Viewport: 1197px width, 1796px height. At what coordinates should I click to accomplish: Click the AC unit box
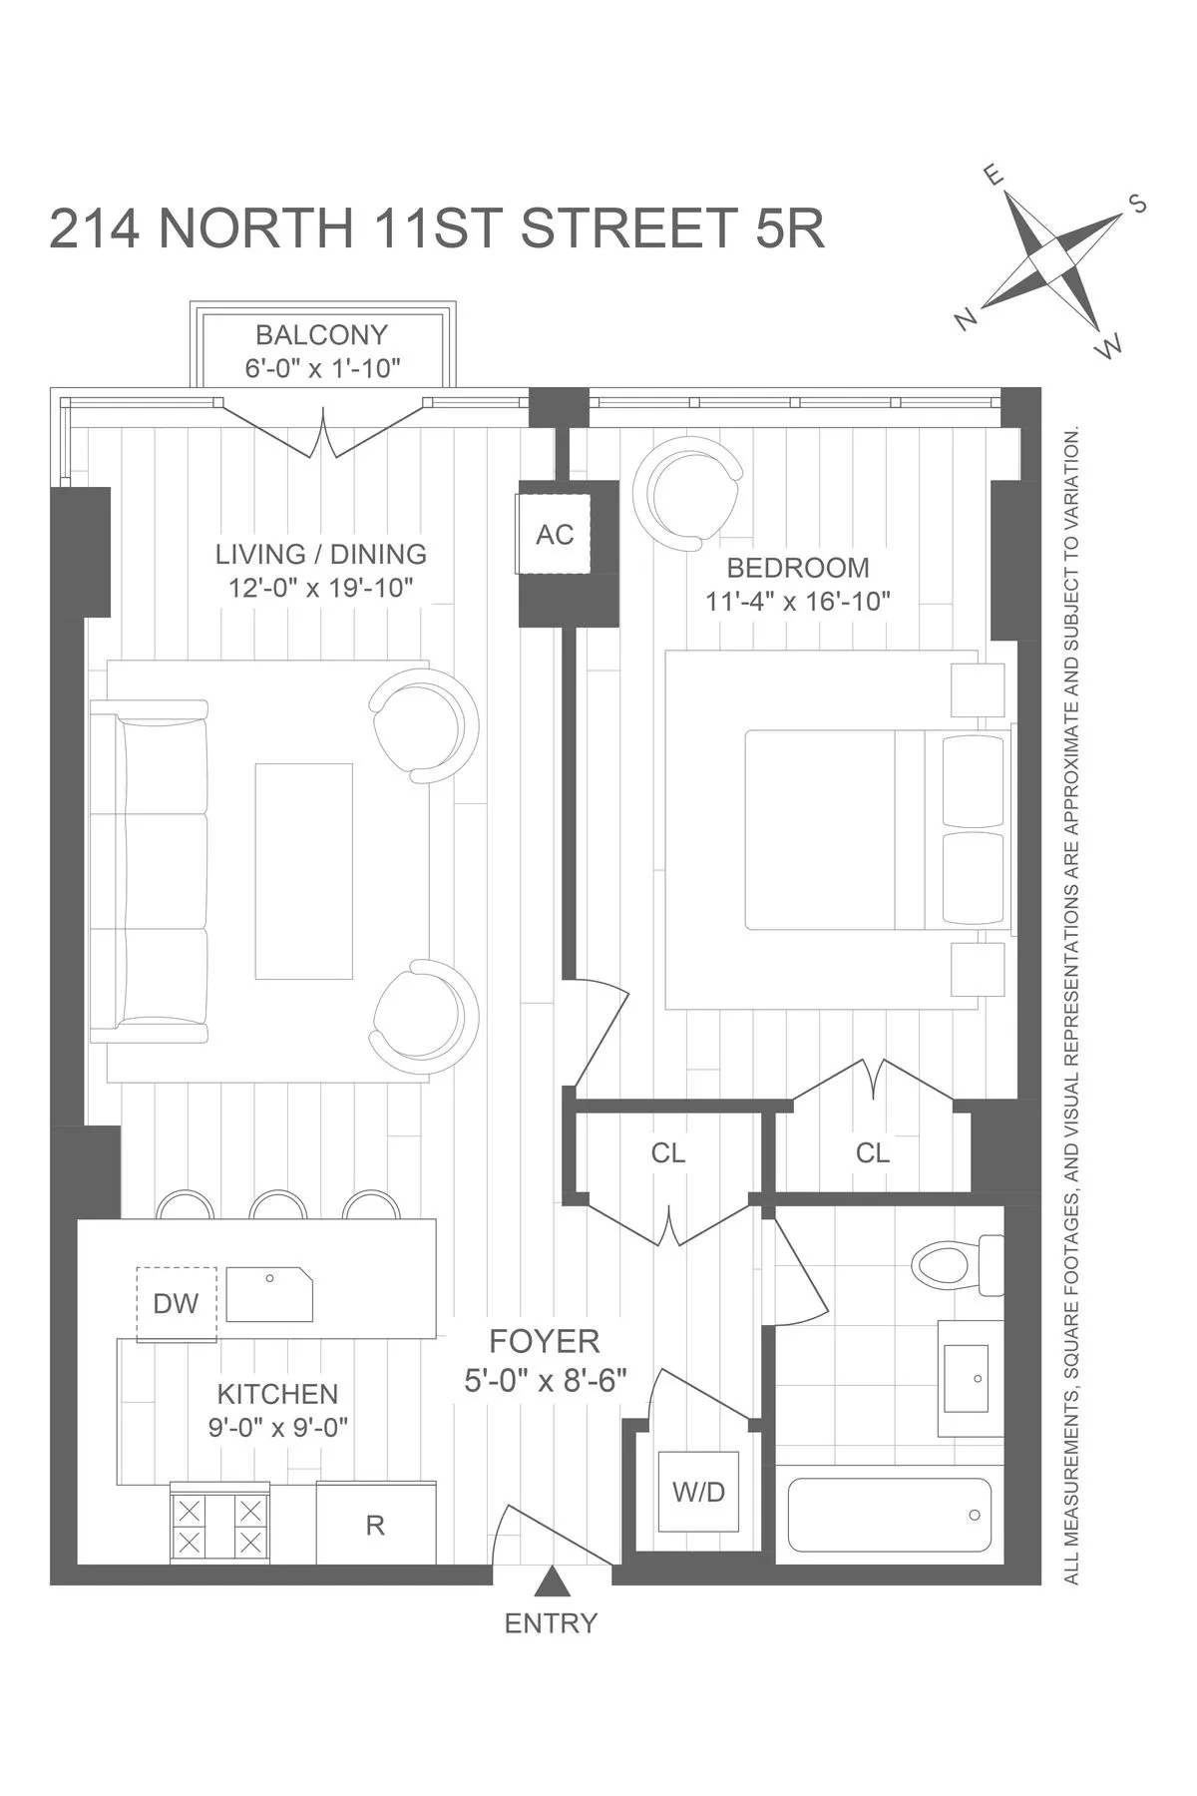coord(555,535)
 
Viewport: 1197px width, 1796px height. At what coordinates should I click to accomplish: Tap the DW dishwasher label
coord(176,1303)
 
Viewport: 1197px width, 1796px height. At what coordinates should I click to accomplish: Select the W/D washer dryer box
coord(698,1493)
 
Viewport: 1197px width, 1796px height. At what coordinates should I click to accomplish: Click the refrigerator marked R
coord(376,1525)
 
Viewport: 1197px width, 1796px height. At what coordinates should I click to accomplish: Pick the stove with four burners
coord(219,1525)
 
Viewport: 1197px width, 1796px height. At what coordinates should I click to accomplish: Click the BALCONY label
coord(321,335)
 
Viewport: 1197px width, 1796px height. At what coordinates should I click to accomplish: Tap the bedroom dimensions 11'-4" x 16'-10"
coord(797,602)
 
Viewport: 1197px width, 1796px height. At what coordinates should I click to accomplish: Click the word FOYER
coord(544,1341)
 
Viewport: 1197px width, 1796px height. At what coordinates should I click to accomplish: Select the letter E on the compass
coord(994,176)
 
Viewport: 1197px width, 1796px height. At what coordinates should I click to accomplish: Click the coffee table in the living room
coord(304,871)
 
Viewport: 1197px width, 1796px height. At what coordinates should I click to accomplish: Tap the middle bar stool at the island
coord(278,1206)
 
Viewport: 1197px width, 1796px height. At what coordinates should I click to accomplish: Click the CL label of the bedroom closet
coord(872,1153)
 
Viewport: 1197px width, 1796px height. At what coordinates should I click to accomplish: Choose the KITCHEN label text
coord(277,1394)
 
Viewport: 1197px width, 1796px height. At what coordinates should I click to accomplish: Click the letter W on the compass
coord(1108,348)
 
